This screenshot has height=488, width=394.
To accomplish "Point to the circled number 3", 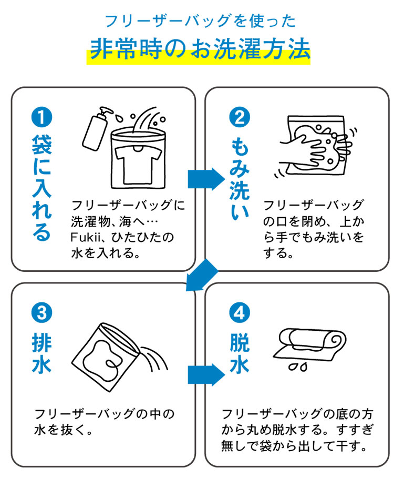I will (42, 314).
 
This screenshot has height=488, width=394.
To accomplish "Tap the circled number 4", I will (239, 314).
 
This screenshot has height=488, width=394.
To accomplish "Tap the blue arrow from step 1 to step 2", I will (205, 179).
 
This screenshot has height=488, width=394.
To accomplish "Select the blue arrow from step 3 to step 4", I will (205, 374).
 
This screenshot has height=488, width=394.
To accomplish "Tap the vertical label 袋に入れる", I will (42, 187).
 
